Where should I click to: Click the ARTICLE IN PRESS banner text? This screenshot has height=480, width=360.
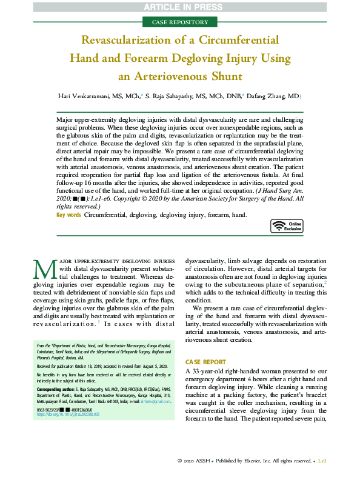tap(180, 7)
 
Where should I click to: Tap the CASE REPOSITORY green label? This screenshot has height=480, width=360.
tap(180, 22)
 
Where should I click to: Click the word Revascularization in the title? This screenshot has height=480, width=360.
tap(133, 41)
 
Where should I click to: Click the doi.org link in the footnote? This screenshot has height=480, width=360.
tap(68, 415)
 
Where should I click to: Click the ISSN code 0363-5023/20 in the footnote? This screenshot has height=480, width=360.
tap(53, 410)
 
